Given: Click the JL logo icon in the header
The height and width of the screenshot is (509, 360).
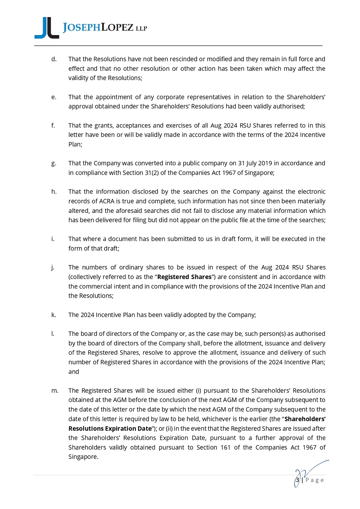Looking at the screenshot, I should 46,28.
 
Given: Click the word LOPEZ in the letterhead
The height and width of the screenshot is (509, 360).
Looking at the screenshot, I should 117,28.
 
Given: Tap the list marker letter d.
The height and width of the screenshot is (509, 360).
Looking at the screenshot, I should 54,59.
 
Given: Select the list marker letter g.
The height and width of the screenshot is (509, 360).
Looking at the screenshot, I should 54,163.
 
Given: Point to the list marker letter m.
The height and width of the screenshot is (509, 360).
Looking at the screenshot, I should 54,391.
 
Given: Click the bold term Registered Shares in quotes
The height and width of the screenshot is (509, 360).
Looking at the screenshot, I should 184,277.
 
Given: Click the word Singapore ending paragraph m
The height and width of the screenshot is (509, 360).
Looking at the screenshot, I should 83,457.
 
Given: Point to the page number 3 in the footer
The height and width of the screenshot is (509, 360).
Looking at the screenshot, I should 297,480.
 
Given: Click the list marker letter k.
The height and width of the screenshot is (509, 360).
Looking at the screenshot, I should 54,315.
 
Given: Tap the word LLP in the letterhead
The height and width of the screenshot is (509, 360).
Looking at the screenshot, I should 141,29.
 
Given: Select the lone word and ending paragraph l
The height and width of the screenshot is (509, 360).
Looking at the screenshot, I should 73,372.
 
